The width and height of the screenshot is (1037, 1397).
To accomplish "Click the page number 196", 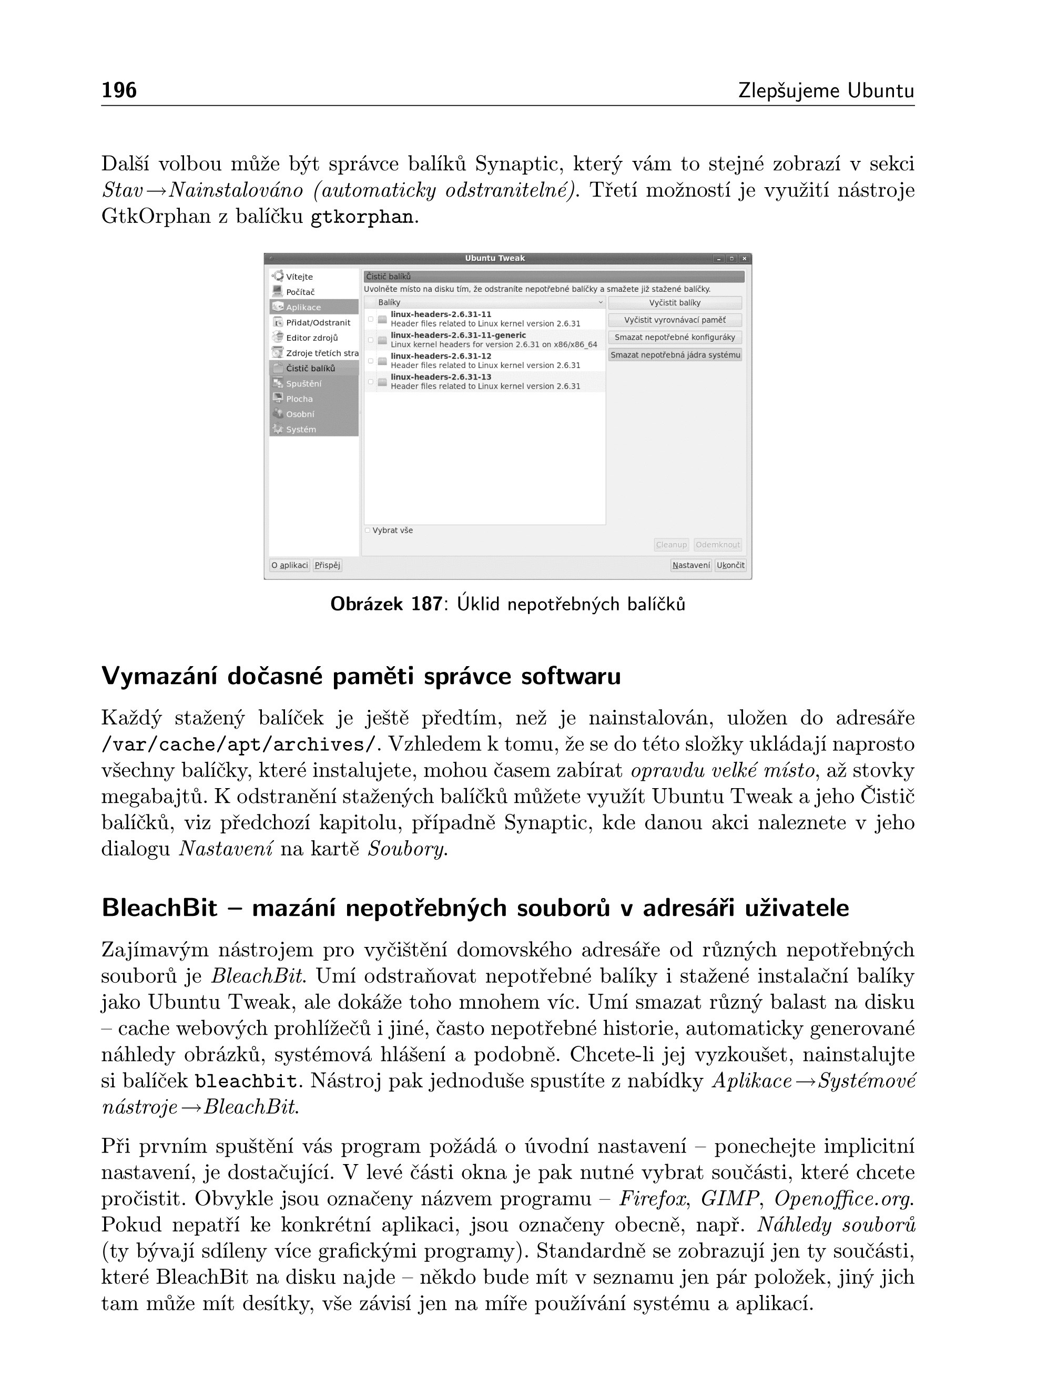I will coord(119,91).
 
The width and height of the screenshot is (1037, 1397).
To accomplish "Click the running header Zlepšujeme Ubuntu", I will coord(826,91).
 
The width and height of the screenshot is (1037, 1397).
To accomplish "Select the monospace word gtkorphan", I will coord(362,217).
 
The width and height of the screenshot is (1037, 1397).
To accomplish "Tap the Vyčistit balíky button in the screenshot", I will coord(675,302).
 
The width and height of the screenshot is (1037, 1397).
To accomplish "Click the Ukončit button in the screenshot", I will coord(730,565).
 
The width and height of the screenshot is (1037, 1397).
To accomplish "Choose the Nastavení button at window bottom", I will coord(691,565).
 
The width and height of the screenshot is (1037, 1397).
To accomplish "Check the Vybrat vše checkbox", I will coord(368,531).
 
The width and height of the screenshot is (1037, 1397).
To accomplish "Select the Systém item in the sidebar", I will coord(301,429).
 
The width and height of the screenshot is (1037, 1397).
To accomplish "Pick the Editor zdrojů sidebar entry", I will coord(311,338).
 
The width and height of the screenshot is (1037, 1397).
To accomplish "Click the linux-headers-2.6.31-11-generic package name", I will coord(458,335).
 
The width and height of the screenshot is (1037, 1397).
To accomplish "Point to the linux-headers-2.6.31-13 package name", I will coord(441,377).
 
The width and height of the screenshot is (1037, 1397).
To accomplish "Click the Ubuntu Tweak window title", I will coord(495,259).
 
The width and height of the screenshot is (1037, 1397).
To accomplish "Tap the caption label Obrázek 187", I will coord(386,604).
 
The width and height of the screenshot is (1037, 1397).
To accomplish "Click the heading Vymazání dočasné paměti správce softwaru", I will coord(361,677).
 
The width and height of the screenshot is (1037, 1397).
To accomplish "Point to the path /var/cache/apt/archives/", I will coord(240,745).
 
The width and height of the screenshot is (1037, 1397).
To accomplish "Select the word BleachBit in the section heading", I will coord(159,908).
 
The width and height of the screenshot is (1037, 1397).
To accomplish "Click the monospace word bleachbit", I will coord(246,1082).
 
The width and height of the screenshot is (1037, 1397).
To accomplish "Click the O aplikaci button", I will coord(289,565).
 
